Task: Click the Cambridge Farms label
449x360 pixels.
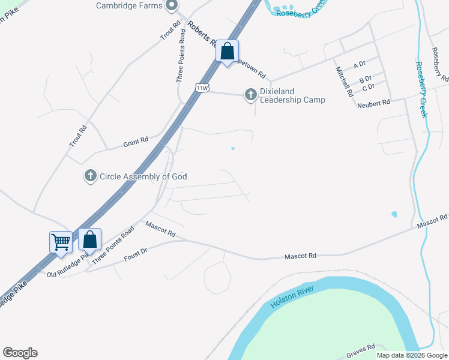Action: click(129, 5)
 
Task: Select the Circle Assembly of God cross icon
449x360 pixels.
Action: click(90, 176)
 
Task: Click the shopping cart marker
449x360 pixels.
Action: click(61, 242)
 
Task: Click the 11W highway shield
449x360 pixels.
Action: click(202, 88)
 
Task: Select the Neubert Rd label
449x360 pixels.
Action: click(373, 104)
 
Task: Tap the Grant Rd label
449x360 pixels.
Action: click(136, 142)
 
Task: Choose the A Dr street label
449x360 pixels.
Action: click(360, 65)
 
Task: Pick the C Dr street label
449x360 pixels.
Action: click(368, 88)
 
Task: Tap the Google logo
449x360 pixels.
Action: click(20, 353)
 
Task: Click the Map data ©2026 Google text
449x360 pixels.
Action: click(412, 355)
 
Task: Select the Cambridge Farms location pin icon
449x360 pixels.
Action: click(171, 6)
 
